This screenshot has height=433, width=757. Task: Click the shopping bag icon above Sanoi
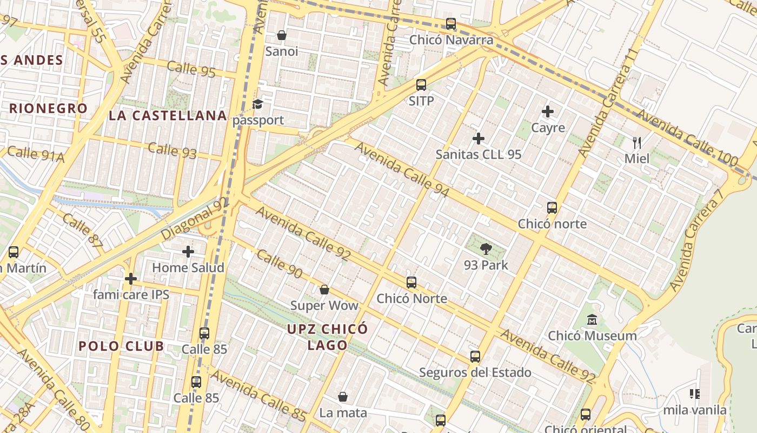point(282,36)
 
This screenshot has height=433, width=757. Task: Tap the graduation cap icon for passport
point(258,104)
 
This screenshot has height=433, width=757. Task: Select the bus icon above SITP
point(421,85)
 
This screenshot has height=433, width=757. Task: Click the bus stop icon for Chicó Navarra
point(451,24)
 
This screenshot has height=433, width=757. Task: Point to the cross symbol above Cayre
point(548,112)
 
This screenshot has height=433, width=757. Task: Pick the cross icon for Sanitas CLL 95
point(479,139)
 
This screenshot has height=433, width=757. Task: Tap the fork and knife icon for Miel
point(637,143)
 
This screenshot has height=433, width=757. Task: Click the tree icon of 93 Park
point(486,249)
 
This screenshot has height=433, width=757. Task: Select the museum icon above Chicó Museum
point(592,320)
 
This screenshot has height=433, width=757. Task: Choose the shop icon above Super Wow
point(324,290)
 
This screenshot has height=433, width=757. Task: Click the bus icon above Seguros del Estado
point(475,357)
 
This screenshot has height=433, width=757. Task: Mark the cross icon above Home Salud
point(188,252)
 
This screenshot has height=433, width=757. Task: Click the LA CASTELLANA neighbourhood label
point(168,115)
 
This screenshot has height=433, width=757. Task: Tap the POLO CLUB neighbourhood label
point(121,346)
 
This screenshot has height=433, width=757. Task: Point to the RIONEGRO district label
point(48,108)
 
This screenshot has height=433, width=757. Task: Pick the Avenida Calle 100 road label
point(687,138)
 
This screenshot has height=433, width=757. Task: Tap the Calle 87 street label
point(82,231)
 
